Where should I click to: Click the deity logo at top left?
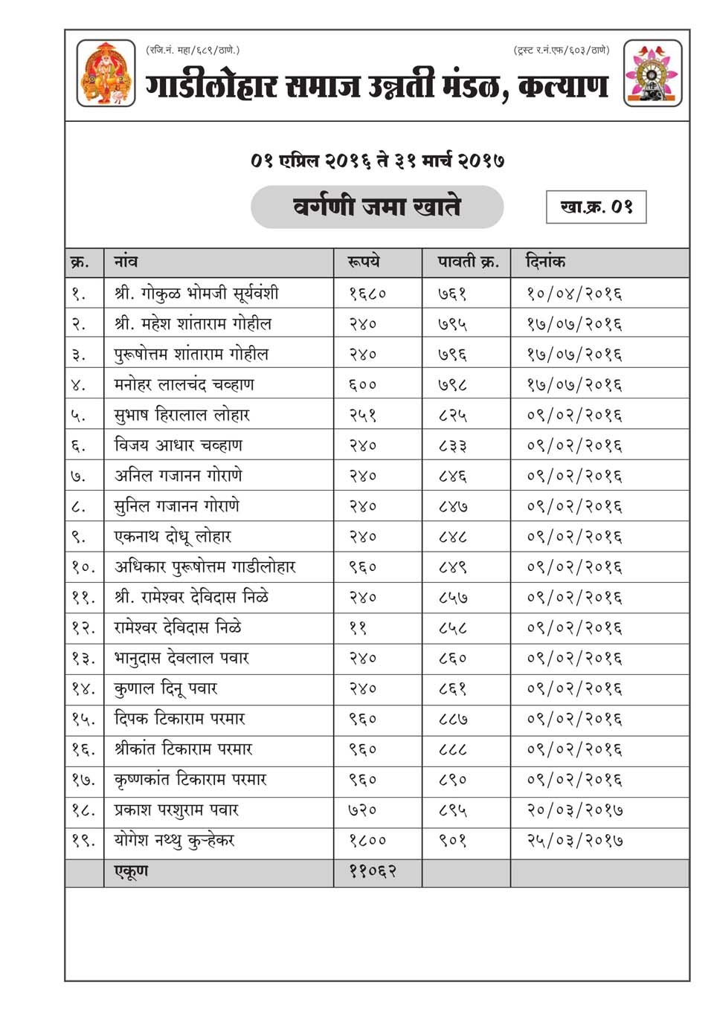[x=106, y=74]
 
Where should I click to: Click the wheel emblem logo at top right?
[x=652, y=74]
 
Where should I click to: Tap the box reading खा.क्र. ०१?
[x=596, y=207]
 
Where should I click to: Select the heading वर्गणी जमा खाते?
[x=377, y=206]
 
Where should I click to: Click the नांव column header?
[x=126, y=262]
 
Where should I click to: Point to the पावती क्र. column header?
[x=468, y=262]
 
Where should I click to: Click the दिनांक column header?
[x=545, y=262]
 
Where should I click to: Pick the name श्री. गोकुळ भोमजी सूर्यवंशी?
[x=196, y=293]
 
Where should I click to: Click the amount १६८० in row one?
[x=367, y=294]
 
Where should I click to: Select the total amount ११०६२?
[x=372, y=871]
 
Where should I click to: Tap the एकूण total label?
[x=131, y=871]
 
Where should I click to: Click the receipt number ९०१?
[x=452, y=841]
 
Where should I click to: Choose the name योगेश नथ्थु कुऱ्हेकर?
[x=174, y=841]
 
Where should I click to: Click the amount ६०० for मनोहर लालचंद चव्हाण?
[x=363, y=385]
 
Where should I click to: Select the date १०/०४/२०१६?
[x=574, y=294]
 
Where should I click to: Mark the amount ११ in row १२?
[x=358, y=628]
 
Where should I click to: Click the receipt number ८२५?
[x=452, y=416]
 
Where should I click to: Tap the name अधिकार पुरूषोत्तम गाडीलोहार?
[x=205, y=567]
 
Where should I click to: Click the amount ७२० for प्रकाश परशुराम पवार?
[x=363, y=810]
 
